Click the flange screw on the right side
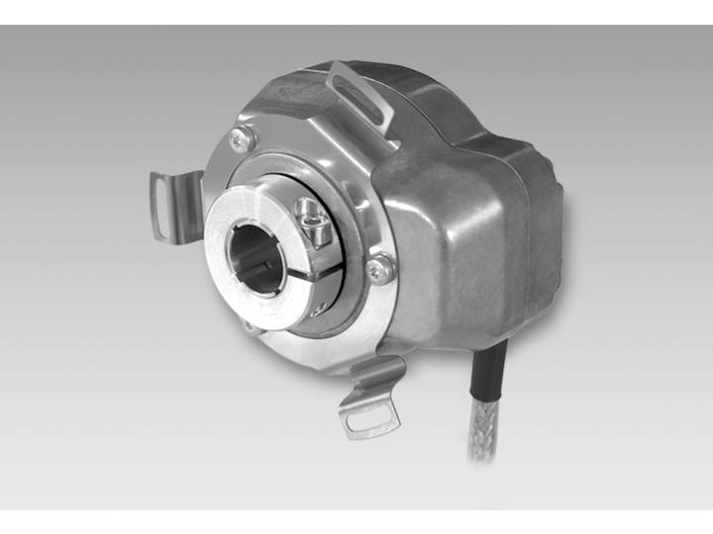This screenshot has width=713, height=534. (x=377, y=265)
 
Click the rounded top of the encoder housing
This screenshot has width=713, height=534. (x=297, y=94)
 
